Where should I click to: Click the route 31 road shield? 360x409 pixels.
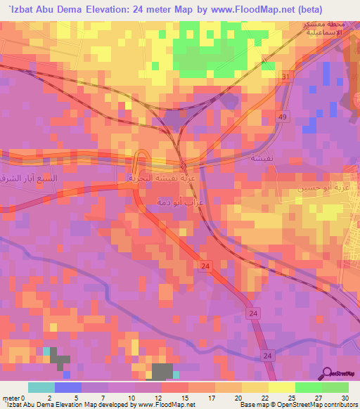click(285, 77)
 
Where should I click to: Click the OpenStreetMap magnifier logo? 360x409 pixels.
click(326, 374)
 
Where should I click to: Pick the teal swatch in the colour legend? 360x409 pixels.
click(41, 387)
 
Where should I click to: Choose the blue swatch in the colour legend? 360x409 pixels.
click(68, 387)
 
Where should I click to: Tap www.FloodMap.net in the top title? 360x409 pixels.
click(266, 9)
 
